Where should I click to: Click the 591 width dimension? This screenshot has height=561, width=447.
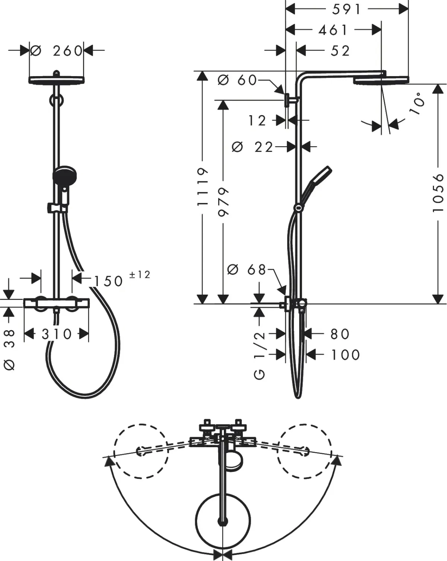346,9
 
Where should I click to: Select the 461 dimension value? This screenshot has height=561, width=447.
333,30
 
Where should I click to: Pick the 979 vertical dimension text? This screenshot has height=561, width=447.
223,201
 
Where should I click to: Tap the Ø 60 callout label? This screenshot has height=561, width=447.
237,80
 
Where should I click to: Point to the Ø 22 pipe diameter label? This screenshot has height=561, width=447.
253,147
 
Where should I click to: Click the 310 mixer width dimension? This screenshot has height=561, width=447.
57,334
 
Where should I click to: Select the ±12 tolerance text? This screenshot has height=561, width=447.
139,275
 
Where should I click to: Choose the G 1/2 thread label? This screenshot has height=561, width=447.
260,354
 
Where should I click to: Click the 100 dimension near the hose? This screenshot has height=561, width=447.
346,355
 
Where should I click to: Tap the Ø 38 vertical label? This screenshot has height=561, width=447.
10,349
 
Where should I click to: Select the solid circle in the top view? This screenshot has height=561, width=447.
223,521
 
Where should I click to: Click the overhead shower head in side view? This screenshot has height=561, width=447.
381,79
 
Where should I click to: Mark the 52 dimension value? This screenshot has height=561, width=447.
340,51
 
